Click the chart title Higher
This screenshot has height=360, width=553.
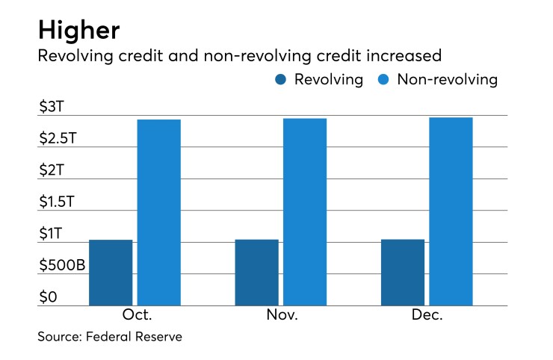pyautogui.click(x=79, y=31)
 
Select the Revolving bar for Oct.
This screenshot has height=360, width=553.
pyautogui.click(x=111, y=273)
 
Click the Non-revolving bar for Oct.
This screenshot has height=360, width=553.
pyautogui.click(x=158, y=213)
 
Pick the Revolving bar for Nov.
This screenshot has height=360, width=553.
pyautogui.click(x=256, y=273)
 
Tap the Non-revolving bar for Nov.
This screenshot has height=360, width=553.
pyautogui.click(x=305, y=212)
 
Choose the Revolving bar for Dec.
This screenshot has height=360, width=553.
pyautogui.click(x=403, y=273)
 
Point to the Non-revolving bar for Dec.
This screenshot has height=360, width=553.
pyautogui.click(x=451, y=211)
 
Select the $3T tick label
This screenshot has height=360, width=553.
pyautogui.click(x=52, y=106)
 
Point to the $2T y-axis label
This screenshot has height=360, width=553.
pyautogui.click(x=52, y=170)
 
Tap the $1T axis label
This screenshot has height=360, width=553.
pyautogui.click(x=52, y=234)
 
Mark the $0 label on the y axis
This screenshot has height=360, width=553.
pyautogui.click(x=48, y=297)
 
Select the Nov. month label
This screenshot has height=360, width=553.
pyautogui.click(x=282, y=315)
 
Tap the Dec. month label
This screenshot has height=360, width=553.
pyautogui.click(x=427, y=315)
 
